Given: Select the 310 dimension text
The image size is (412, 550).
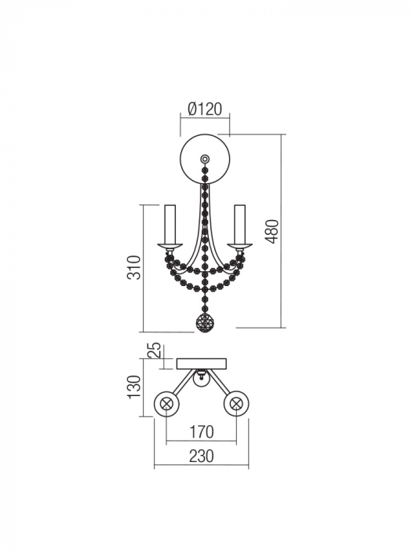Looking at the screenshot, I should click(x=135, y=268).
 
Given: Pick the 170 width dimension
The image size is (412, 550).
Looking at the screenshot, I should click(x=201, y=431).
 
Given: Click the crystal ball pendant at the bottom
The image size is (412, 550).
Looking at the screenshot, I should click(x=205, y=323).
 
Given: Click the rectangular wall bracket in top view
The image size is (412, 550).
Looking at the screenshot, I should click(x=202, y=364).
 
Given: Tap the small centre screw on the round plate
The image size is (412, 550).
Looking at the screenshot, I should click(x=205, y=159).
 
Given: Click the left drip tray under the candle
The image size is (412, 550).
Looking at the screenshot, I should click(x=169, y=248).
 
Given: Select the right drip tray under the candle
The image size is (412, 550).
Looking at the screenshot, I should click(x=240, y=248).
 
